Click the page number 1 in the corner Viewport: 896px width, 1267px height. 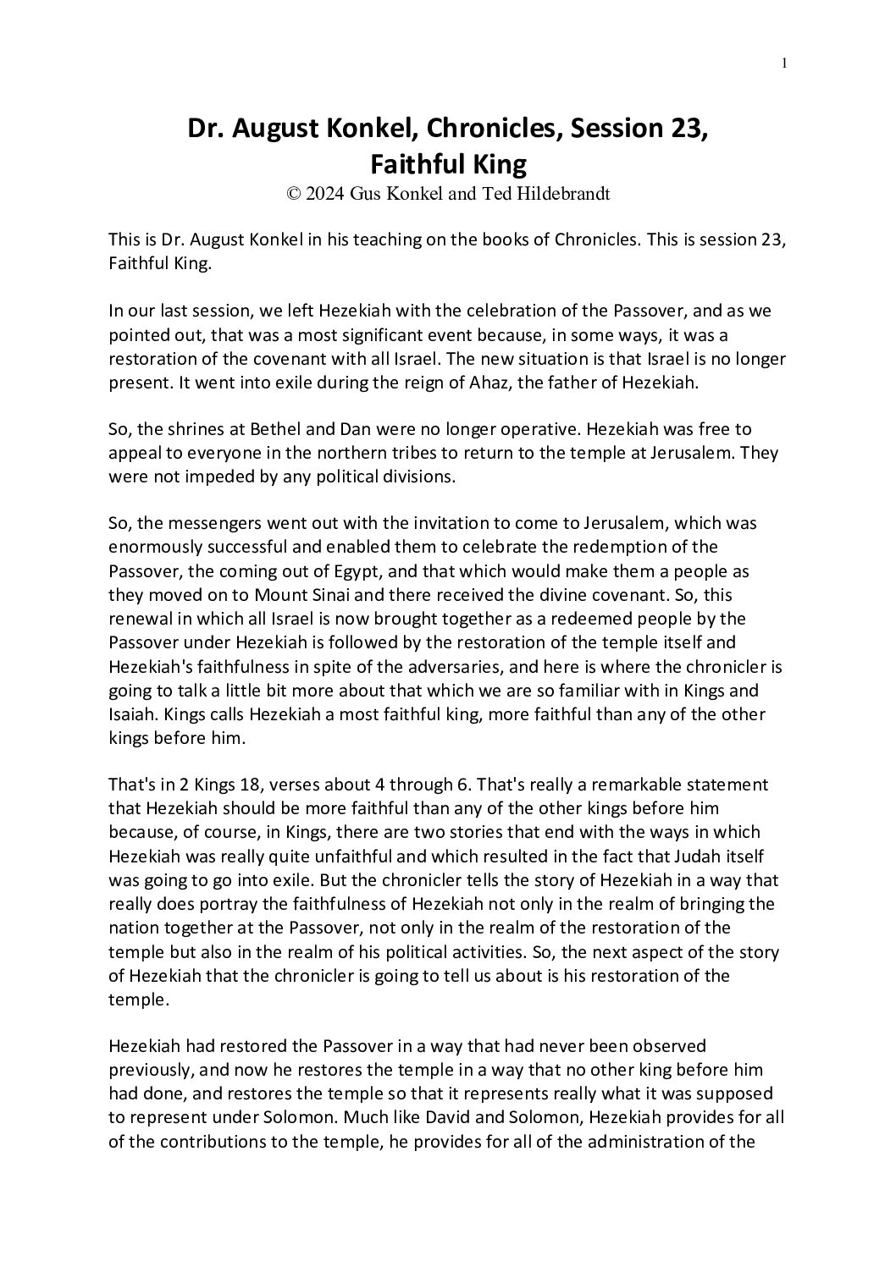[x=784, y=63]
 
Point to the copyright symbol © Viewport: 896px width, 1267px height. [x=294, y=193]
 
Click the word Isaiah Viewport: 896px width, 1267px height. [x=131, y=714]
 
